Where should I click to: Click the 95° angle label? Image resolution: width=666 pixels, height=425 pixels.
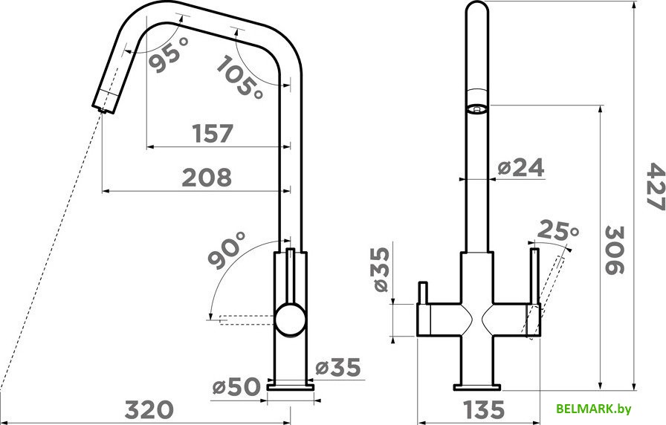pyautogui.click(x=169, y=54)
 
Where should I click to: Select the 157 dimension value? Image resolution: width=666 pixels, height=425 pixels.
pyautogui.click(x=213, y=133)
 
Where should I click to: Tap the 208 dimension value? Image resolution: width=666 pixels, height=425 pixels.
pyautogui.click(x=207, y=178)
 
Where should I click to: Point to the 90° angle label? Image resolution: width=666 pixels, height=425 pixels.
pyautogui.click(x=227, y=250)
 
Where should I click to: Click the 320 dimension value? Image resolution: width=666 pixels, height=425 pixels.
pyautogui.click(x=149, y=409)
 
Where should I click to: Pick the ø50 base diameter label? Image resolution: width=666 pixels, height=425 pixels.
pyautogui.click(x=236, y=387)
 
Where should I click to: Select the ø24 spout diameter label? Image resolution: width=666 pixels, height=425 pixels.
pyautogui.click(x=521, y=168)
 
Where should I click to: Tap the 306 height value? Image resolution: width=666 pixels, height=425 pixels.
pyautogui.click(x=614, y=250)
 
